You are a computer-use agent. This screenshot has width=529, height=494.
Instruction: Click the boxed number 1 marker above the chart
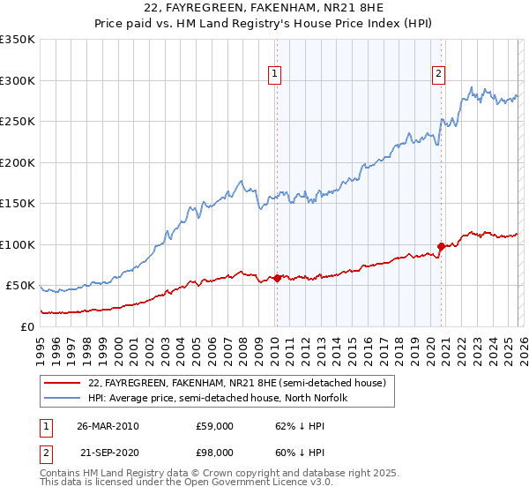click(276, 74)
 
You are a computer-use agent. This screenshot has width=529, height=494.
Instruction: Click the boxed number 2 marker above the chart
click(438, 74)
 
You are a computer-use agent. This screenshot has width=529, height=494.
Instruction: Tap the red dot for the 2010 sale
click(277, 278)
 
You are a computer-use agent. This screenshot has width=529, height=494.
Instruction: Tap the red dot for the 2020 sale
click(441, 246)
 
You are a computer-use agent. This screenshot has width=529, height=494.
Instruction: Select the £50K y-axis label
click(20, 286)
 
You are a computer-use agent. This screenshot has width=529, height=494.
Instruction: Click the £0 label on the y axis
click(28, 326)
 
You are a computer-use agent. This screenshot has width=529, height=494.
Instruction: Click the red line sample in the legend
click(63, 384)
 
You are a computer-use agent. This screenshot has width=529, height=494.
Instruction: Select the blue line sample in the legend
click(63, 399)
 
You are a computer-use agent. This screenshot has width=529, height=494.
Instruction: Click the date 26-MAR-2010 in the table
click(108, 426)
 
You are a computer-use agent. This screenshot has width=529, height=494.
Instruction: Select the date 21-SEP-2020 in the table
click(108, 453)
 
